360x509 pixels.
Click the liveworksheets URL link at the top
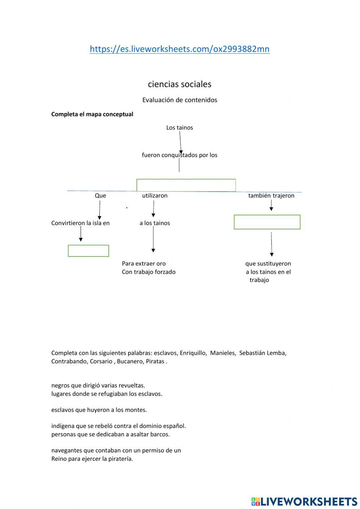tap(179, 49)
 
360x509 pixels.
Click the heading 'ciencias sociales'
tap(179, 84)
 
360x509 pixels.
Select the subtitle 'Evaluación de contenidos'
tap(180, 100)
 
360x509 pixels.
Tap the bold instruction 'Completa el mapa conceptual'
tap(92, 114)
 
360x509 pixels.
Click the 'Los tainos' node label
tap(179, 128)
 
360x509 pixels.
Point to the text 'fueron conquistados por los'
tap(179, 155)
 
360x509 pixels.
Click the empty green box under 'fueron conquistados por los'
tap(186, 185)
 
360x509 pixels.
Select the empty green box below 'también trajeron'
tap(267, 222)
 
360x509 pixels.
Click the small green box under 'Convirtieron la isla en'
tap(88, 251)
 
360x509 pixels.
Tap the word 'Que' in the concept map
tap(100, 196)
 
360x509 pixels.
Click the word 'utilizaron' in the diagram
tap(154, 196)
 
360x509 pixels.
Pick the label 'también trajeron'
tap(271, 196)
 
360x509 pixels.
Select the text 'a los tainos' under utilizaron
tap(154, 223)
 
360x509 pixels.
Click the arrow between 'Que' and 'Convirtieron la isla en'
tap(99, 210)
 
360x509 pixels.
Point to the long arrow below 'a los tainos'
tap(153, 239)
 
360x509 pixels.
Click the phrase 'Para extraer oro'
tap(144, 264)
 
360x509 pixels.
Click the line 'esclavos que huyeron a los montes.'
tap(99, 410)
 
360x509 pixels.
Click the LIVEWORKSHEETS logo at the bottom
tap(304, 501)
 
